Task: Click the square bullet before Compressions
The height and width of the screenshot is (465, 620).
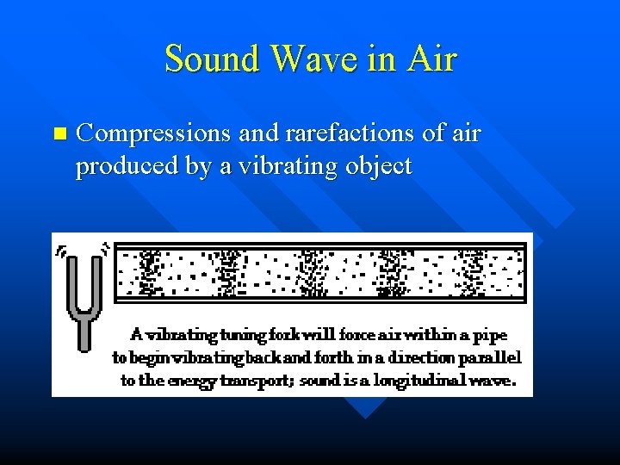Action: click(59, 133)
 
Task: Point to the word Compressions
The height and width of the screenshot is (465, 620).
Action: click(152, 134)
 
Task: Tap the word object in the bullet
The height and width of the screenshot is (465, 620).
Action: click(376, 166)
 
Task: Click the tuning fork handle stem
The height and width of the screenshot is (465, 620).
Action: click(84, 332)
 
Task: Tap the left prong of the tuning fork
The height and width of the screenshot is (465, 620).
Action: click(71, 280)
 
